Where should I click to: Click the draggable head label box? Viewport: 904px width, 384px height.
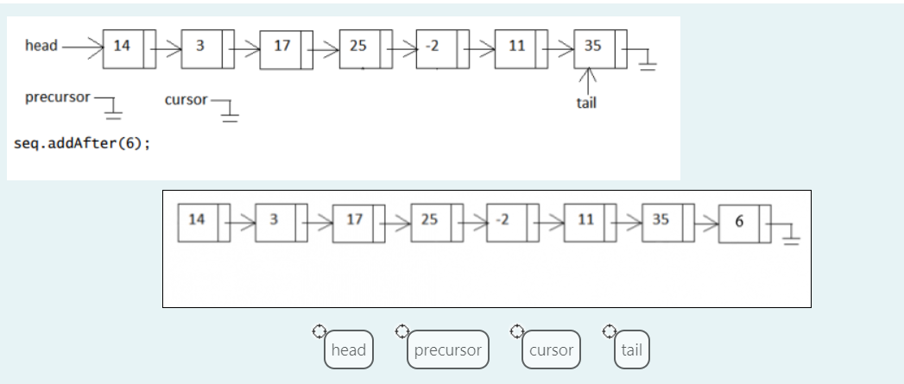pyautogui.click(x=349, y=349)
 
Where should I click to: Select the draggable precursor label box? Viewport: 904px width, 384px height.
pyautogui.click(x=447, y=349)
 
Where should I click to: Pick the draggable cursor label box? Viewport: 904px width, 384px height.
pyautogui.click(x=551, y=349)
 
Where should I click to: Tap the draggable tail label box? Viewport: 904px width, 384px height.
pyautogui.click(x=631, y=349)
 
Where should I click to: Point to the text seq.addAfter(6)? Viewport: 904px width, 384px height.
pyautogui.click(x=82, y=143)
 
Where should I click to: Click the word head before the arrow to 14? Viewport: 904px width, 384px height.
pyautogui.click(x=41, y=46)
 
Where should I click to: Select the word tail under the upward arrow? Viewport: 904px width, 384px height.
pyautogui.click(x=586, y=103)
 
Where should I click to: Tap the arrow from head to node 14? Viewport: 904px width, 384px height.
pyautogui.click(x=82, y=46)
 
